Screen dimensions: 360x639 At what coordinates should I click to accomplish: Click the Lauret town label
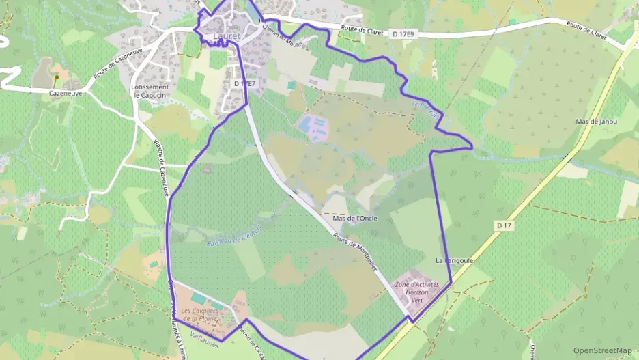pos(227,36)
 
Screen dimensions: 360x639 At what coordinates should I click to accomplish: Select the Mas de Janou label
pos(596,122)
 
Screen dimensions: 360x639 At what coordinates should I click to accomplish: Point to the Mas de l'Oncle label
pos(354,219)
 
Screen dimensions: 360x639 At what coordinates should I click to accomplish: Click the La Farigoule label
pos(455,261)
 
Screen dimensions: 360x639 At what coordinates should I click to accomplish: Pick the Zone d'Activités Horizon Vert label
pos(417,292)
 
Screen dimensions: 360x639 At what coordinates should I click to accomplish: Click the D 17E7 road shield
pos(244,83)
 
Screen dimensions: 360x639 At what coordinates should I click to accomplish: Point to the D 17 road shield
pos(505,225)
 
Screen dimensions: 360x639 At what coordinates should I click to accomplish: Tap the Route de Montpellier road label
pos(355,257)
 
